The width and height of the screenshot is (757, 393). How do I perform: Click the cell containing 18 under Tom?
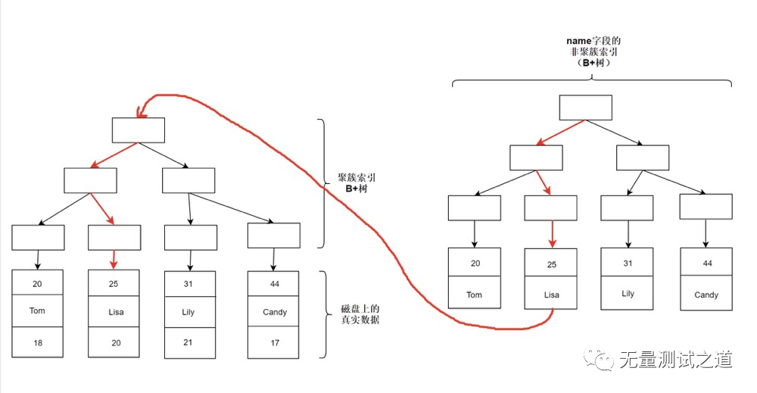[x=38, y=343]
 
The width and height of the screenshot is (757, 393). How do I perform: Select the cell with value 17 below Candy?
[x=274, y=343]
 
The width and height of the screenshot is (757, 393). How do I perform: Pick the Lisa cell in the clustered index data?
[x=114, y=311]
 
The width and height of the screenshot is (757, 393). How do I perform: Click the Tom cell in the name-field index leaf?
[x=474, y=295]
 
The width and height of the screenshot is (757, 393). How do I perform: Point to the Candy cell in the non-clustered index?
[x=706, y=295]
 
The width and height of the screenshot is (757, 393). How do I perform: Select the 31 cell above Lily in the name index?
[x=628, y=264]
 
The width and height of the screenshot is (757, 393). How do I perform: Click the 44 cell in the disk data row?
[x=274, y=283]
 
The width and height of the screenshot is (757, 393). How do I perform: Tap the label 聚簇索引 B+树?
[x=357, y=183]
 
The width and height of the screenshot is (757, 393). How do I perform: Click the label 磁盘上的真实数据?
[x=357, y=314]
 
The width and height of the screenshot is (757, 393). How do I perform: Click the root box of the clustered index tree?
[x=139, y=130]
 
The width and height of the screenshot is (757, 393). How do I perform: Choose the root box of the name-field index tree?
[x=585, y=108]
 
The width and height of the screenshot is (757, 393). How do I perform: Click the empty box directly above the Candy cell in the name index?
[x=706, y=207]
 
